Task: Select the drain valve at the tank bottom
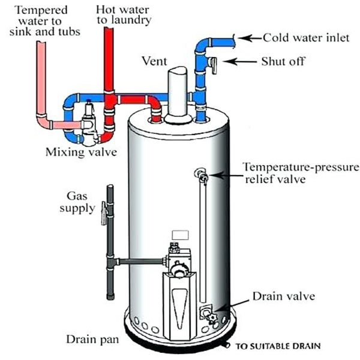tap(209, 313)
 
